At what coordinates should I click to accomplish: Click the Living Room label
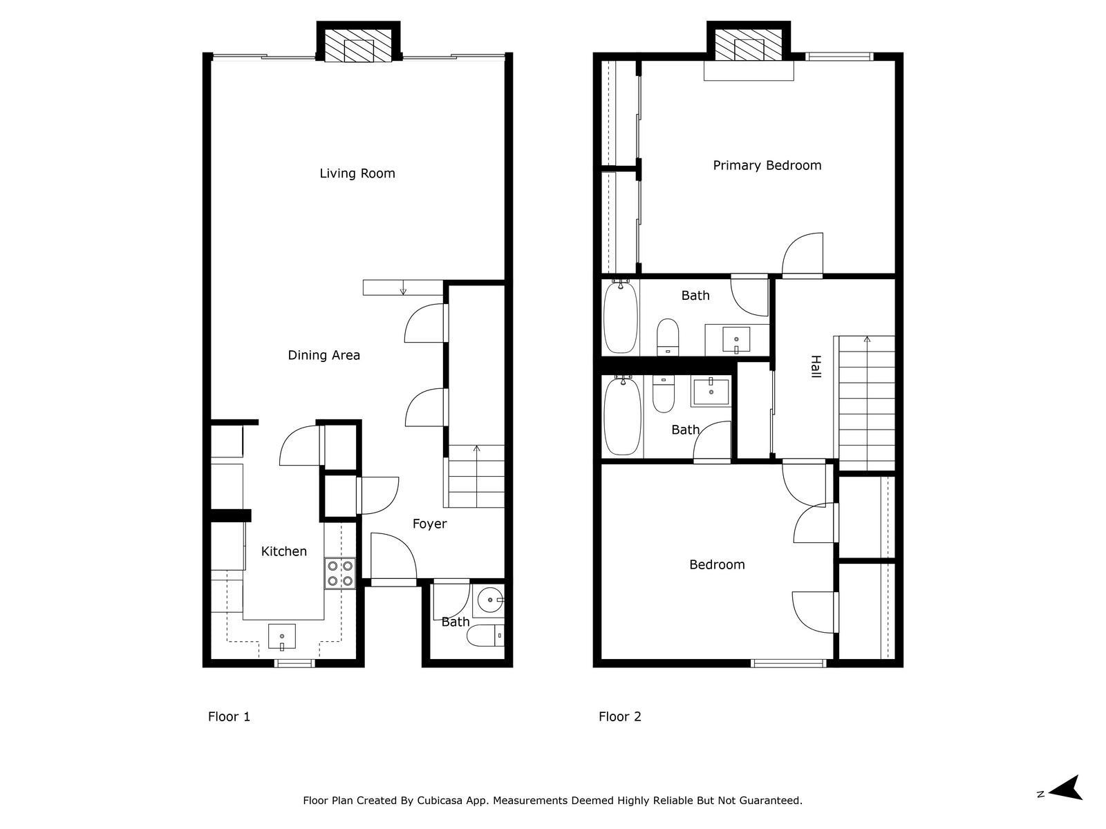357,173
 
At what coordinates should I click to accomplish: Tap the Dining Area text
324,355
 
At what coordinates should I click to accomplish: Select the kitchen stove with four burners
339,573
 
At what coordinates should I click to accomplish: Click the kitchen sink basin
281,637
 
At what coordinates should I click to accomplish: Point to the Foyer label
429,524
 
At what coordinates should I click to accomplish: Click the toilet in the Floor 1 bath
485,636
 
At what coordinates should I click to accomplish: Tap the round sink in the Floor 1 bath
490,600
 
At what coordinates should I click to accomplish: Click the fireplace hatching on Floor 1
358,46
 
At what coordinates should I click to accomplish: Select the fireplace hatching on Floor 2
749,45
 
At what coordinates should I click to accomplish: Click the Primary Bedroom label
767,166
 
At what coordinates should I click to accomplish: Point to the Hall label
816,366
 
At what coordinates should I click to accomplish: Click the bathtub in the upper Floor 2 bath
621,317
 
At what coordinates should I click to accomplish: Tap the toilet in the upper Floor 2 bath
668,336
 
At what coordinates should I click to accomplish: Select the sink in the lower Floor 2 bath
711,392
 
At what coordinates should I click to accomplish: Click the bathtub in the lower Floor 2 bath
623,417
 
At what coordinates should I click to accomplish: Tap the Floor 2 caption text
620,717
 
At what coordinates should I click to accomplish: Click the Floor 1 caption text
229,717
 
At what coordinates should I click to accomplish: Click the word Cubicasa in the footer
440,800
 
